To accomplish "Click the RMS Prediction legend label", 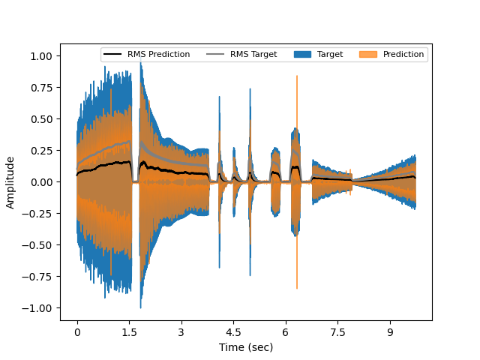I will click(x=158, y=55).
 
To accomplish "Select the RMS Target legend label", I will click(x=253, y=55).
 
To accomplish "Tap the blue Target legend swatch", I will click(x=301, y=55).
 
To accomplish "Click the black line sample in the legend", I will click(x=112, y=55).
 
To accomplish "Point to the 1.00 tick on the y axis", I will click(x=41, y=56).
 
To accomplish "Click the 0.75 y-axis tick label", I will click(x=41, y=88).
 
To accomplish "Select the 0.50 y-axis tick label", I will click(x=41, y=119).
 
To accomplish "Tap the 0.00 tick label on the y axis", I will click(x=41, y=182).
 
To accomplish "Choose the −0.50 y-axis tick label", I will click(x=38, y=245).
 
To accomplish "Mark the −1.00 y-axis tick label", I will click(x=38, y=308).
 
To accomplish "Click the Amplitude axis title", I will click(x=10, y=182).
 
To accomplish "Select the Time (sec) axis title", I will click(x=246, y=347).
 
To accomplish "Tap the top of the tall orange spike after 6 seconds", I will click(x=297, y=76).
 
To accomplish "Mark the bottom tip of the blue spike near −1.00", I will click(x=141, y=307).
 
